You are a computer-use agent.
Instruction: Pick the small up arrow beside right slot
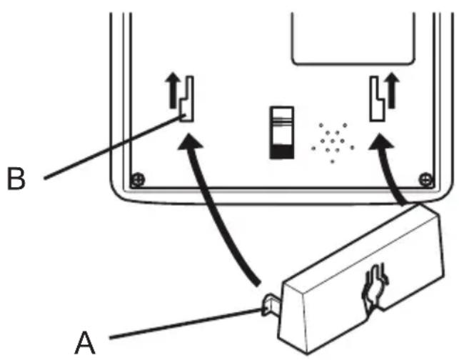[x=393, y=89]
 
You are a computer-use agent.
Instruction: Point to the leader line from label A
[x=178, y=323]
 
